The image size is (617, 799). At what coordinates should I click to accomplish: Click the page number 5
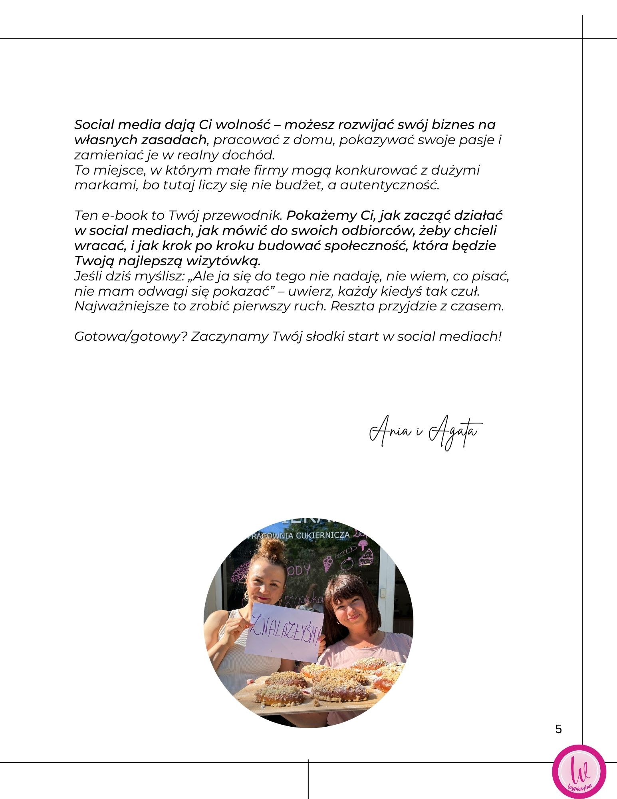(558, 729)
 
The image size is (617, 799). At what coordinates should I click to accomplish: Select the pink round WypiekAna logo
(579, 772)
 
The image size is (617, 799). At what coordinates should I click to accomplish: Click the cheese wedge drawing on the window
(366, 557)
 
